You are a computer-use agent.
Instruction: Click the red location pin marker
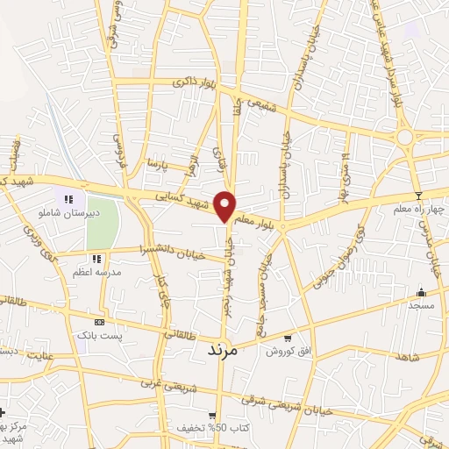pos(226,205)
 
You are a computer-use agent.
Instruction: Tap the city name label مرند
pos(223,349)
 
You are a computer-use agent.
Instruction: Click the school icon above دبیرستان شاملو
pos(69,199)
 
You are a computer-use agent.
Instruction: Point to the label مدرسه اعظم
pos(96,273)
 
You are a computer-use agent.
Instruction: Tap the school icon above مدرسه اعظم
pos(96,259)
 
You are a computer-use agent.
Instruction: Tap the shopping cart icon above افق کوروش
pos(287,338)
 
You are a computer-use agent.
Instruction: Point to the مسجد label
pos(420,305)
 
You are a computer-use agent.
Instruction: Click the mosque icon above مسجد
pos(422,292)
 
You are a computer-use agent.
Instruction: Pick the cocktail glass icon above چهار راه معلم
pos(419,195)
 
